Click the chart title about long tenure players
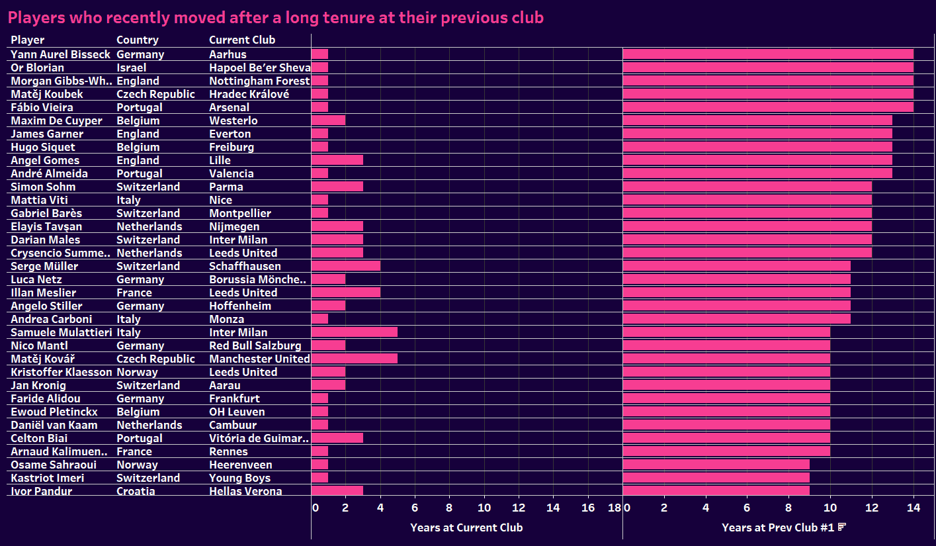275,17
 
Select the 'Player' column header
27,40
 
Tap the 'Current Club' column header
241,40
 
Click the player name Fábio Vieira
42,107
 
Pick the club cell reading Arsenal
229,107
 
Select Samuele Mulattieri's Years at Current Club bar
354,332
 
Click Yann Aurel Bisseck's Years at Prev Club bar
767,54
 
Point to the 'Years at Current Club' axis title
466,527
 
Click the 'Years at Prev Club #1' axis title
778,527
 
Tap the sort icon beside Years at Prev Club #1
842,527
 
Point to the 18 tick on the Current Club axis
614,508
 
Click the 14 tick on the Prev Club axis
914,508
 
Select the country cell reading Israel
131,68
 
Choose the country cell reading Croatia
136,491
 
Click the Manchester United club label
259,359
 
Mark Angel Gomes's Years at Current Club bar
337,160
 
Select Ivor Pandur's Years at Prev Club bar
716,491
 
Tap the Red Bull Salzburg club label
255,345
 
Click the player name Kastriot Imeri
47,478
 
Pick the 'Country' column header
137,40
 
